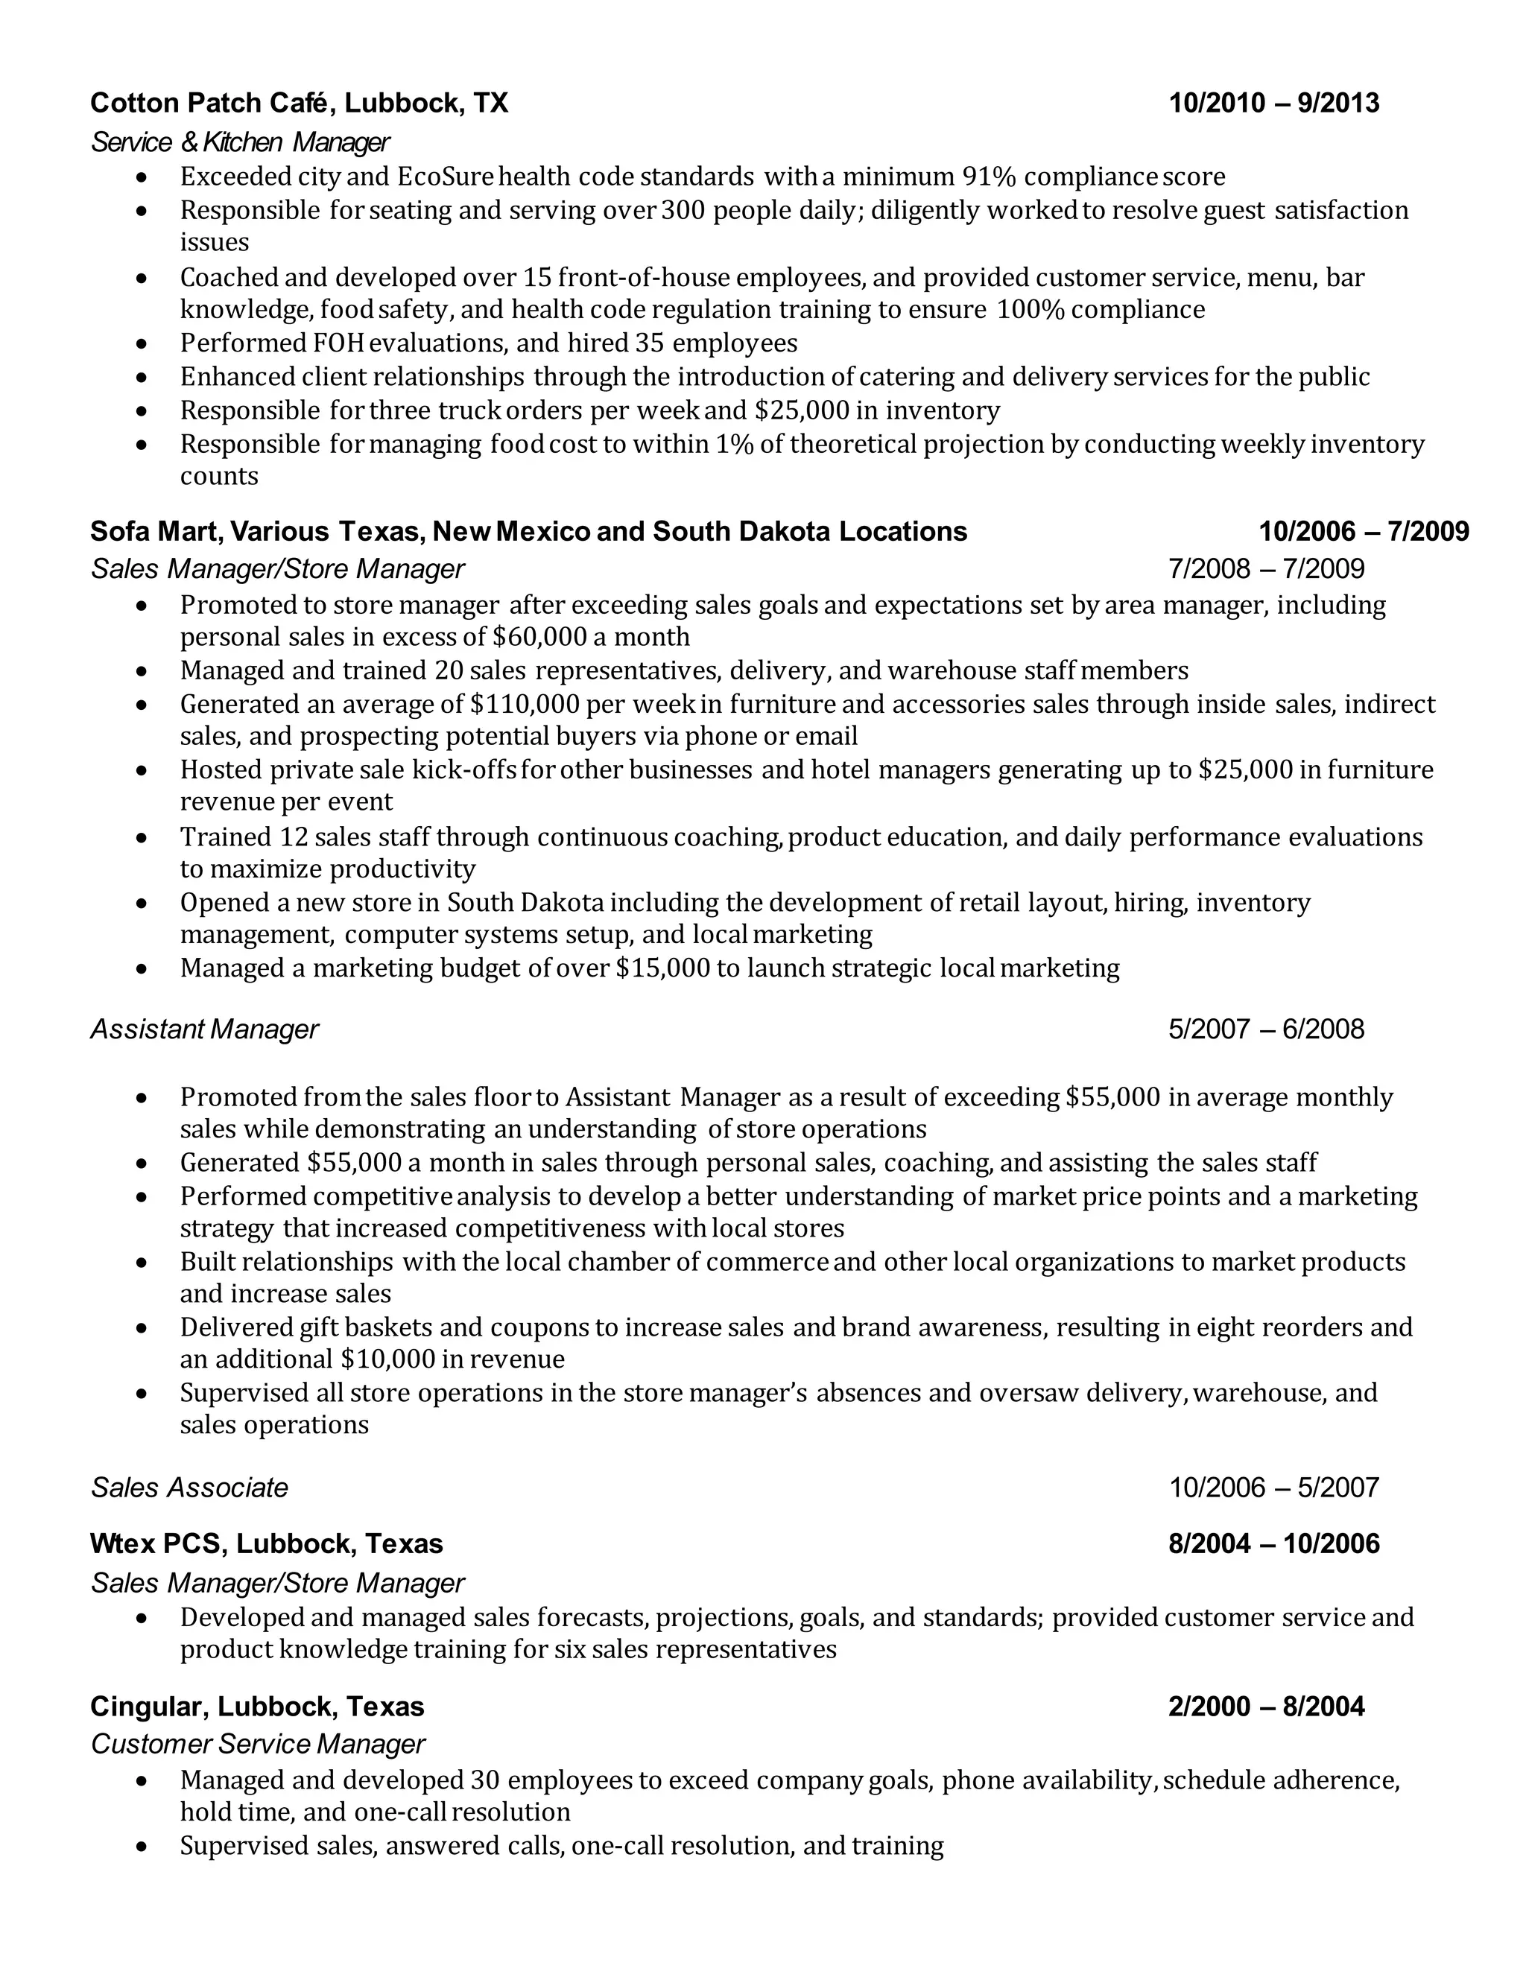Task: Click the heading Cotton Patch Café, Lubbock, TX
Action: coord(300,103)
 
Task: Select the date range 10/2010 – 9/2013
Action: coord(1273,103)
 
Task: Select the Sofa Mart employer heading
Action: coord(528,531)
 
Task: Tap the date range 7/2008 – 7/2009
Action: coord(1266,569)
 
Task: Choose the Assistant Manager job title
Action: coord(204,1029)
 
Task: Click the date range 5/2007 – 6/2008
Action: coord(1266,1029)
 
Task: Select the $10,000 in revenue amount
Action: coord(452,1359)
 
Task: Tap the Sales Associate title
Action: coord(189,1488)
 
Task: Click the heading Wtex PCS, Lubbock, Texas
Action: coord(267,1543)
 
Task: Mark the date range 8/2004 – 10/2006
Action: coord(1273,1543)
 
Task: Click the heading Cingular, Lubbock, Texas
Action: coord(257,1707)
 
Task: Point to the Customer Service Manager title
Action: coord(258,1745)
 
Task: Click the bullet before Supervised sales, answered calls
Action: coord(141,1847)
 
